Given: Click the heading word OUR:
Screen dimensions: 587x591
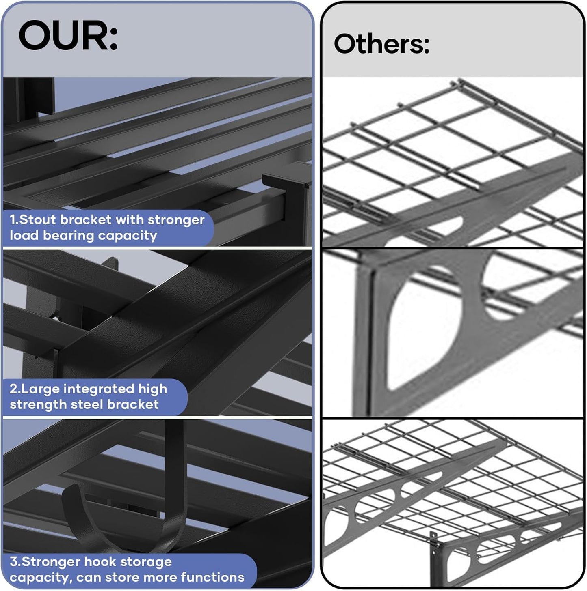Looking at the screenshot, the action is (x=68, y=35).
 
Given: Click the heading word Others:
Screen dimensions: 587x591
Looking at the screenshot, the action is (x=381, y=43).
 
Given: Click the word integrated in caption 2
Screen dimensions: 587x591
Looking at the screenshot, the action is (x=99, y=389).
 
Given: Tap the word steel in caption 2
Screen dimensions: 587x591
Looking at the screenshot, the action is (x=87, y=404).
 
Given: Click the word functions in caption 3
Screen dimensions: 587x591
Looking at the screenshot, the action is (x=212, y=578).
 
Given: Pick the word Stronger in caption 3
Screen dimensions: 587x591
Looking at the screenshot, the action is (x=51, y=561).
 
